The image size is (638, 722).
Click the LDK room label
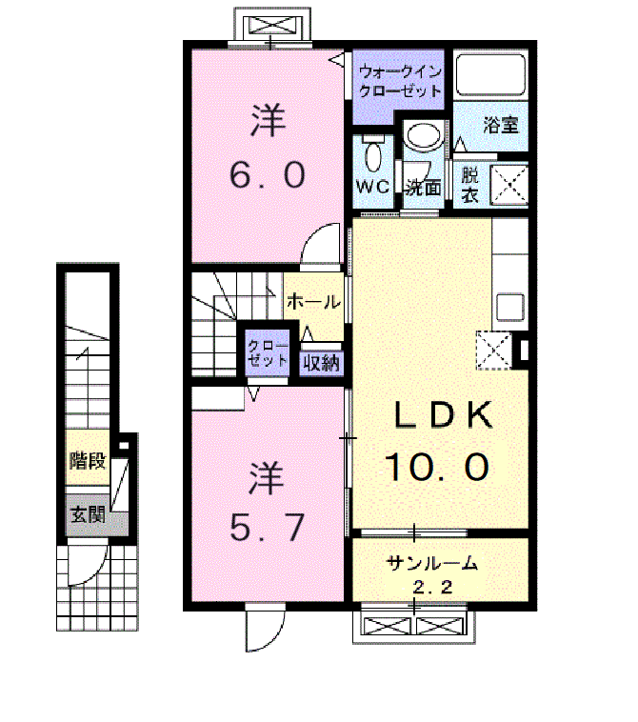pyautogui.click(x=443, y=415)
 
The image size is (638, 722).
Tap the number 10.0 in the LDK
pyautogui.click(x=436, y=467)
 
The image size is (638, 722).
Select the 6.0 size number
pyautogui.click(x=268, y=175)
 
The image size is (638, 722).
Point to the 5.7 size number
pyautogui.click(x=267, y=527)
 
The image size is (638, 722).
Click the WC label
pyautogui.click(x=373, y=187)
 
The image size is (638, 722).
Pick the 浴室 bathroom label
pyautogui.click(x=501, y=125)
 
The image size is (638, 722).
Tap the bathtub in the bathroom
pyautogui.click(x=489, y=74)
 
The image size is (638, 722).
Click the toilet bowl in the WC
pyautogui.click(x=373, y=155)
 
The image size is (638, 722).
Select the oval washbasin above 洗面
pyautogui.click(x=423, y=136)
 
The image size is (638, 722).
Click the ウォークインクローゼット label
pyautogui.click(x=400, y=82)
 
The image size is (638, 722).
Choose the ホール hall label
pyautogui.click(x=313, y=302)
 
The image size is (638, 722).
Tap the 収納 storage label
pyautogui.click(x=321, y=363)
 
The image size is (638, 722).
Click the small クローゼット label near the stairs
pyautogui.click(x=267, y=352)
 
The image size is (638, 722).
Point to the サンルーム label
pyautogui.click(x=432, y=562)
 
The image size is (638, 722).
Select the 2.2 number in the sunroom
pyautogui.click(x=432, y=587)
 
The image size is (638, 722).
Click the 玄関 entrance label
pyautogui.click(x=88, y=514)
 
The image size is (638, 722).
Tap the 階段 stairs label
pyautogui.click(x=88, y=460)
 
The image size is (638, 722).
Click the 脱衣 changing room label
pyautogui.click(x=469, y=186)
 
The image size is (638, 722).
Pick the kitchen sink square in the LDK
pyautogui.click(x=510, y=307)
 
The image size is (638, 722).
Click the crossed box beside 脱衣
pyautogui.click(x=508, y=184)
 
